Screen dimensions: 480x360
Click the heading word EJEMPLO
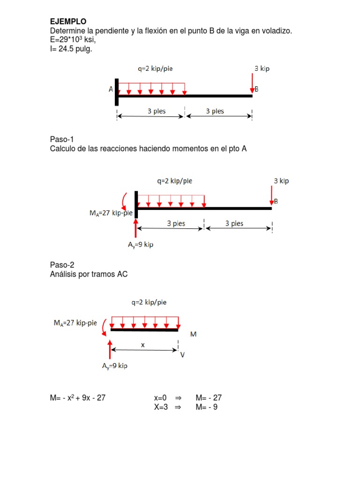tap(68, 22)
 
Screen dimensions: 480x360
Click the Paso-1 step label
tap(62, 139)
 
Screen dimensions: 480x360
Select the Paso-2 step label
tap(62, 265)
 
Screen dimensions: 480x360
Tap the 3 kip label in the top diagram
tap(262, 68)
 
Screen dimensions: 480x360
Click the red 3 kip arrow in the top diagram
tap(253, 83)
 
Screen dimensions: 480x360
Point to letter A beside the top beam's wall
tap(111, 89)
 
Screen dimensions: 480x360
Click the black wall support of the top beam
tap(116, 92)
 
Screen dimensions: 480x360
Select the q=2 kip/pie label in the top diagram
tap(155, 68)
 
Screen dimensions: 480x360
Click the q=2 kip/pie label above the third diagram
tap(149, 302)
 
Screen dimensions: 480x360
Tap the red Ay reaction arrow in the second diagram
tap(135, 228)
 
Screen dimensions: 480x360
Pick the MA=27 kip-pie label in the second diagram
tap(111, 213)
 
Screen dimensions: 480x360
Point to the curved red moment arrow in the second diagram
tap(124, 201)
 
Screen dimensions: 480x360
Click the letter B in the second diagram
tap(276, 202)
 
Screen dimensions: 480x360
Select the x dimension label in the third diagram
tap(143, 345)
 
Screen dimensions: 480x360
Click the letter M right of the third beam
tap(194, 334)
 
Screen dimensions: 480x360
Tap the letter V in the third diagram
tap(182, 355)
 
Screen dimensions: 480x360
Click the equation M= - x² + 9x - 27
tap(78, 398)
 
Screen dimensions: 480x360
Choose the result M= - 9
tap(207, 407)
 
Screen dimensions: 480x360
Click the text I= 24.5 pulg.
tap(71, 48)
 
